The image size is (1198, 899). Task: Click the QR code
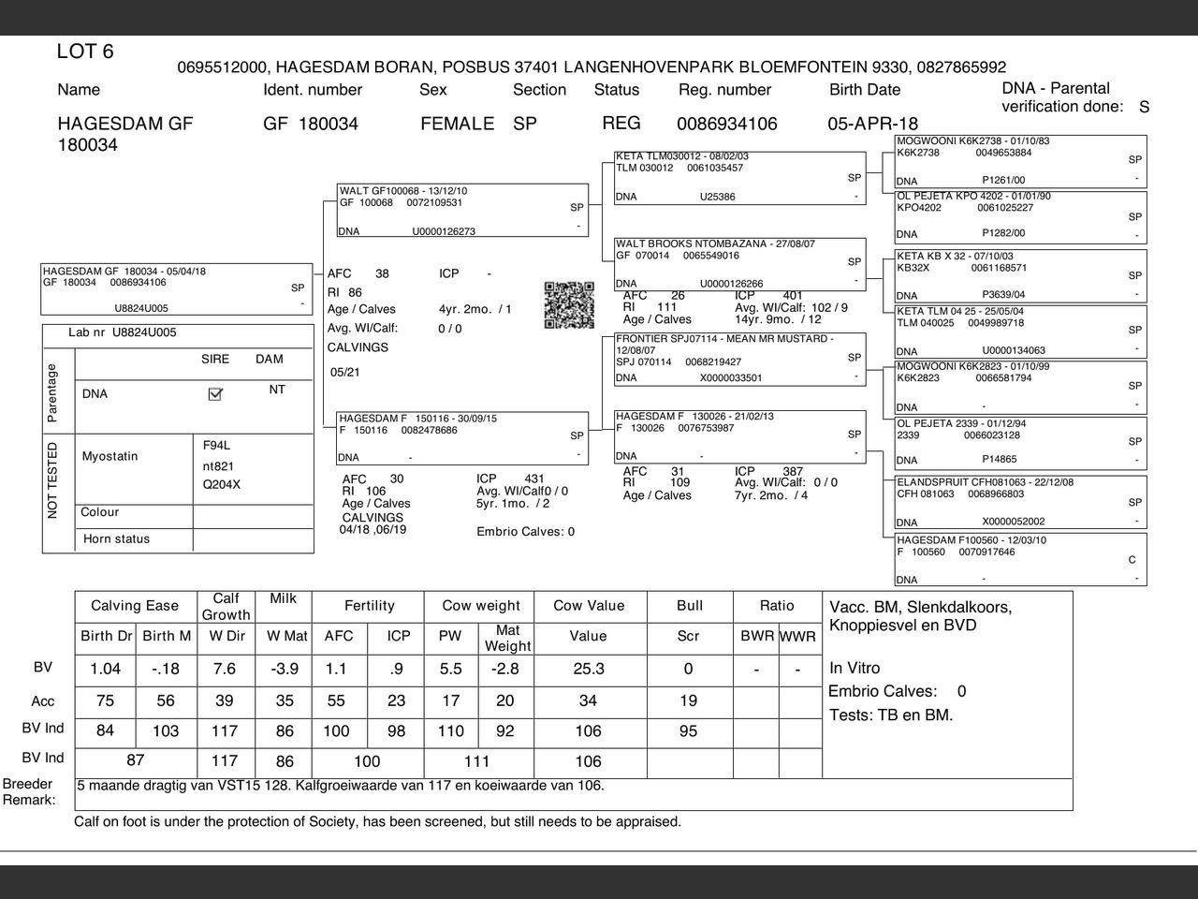569,305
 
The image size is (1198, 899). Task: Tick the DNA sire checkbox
215,394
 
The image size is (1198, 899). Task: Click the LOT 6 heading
85,52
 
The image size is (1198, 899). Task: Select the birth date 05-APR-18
872,124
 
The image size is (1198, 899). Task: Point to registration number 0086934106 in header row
726,124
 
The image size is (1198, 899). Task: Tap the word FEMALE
457,124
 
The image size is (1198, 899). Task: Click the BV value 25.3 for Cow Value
588,669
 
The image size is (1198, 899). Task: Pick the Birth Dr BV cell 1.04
105,669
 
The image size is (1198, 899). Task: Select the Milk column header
283,598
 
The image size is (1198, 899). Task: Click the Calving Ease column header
135,606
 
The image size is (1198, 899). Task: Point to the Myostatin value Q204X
222,484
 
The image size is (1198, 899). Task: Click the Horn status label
116,538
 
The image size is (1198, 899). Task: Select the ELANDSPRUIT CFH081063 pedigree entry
985,482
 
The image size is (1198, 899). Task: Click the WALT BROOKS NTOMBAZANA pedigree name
715,243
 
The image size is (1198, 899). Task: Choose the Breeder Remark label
28,791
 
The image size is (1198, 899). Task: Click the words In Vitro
855,668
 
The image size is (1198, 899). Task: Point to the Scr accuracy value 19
688,700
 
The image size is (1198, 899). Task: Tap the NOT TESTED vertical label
52,479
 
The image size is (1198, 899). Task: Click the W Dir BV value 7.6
225,669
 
